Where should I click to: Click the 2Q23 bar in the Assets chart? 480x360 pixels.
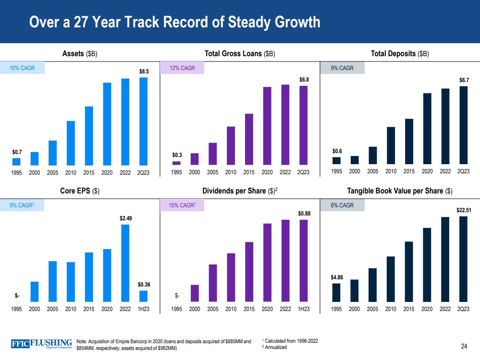pyautogui.click(x=143, y=121)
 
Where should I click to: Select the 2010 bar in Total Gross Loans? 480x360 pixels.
pyautogui.click(x=231, y=145)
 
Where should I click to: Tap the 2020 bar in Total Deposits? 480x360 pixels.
pyautogui.click(x=427, y=129)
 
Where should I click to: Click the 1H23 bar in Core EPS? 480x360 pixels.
pyautogui.click(x=143, y=296)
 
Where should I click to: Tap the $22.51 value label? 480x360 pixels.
pyautogui.click(x=463, y=210)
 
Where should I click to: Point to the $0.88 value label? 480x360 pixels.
pyautogui.click(x=303, y=213)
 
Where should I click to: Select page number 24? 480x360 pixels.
pyautogui.click(x=464, y=346)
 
